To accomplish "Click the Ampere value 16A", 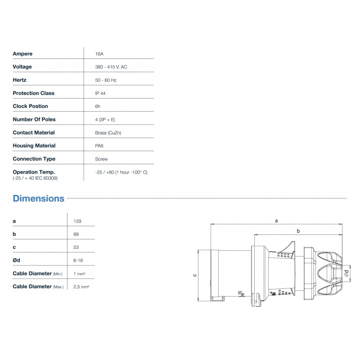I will pos(99,54).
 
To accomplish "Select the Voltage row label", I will pos(22,67).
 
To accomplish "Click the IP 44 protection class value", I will pos(100,93).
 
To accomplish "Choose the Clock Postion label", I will pos(30,106).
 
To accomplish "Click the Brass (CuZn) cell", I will pos(108,133).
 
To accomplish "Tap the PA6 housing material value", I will pos(99,146).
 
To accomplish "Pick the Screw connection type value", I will pos(102,159).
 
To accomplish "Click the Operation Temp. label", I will pos(34,172).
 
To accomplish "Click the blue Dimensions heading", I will pos(39,198).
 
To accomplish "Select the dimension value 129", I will pos(77,221).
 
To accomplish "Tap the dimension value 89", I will pos(76,234).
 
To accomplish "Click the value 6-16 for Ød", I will pos(78,261).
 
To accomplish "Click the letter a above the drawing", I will pos(276,220).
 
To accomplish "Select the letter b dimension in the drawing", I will pos(298,231).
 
